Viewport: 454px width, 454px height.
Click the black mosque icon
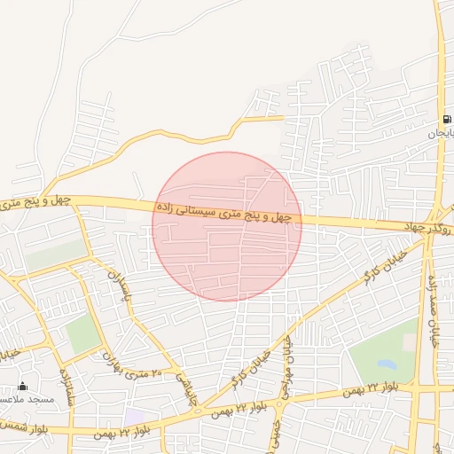(x=23, y=387)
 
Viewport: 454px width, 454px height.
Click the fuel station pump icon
(x=448, y=119)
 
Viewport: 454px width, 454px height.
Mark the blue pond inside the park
(x=387, y=364)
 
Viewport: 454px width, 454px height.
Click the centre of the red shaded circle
(x=227, y=226)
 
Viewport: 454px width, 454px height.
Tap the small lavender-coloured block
(x=136, y=415)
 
